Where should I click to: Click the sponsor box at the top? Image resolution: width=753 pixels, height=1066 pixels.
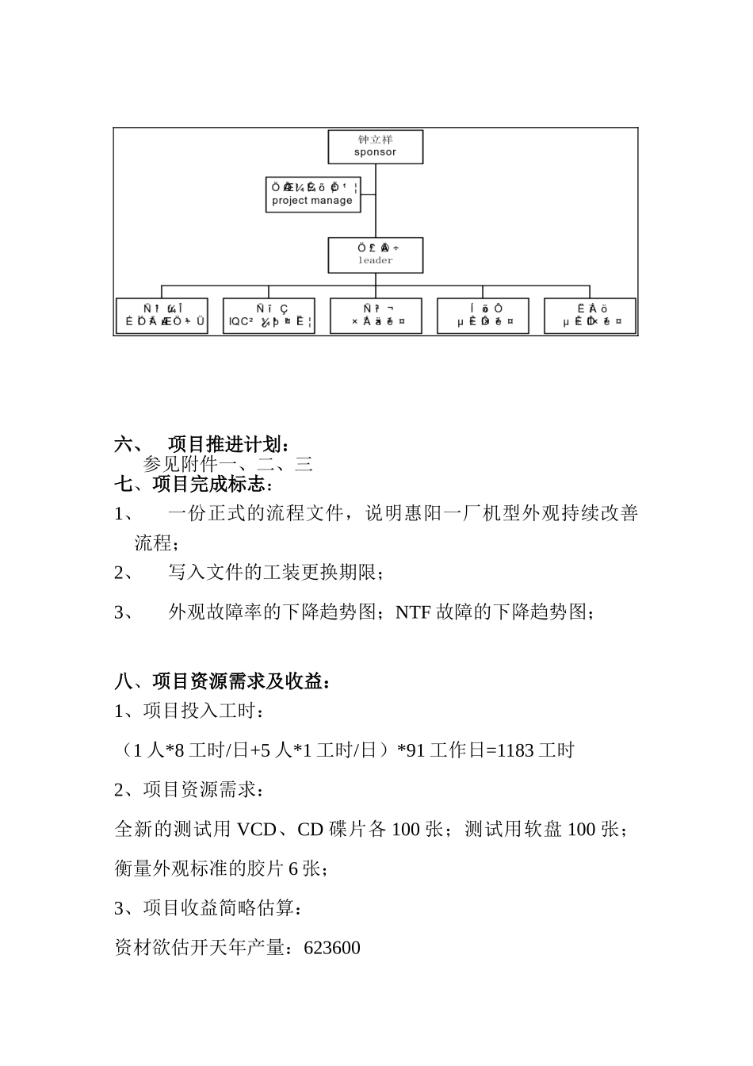375,147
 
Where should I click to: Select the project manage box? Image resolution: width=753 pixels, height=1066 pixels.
312,194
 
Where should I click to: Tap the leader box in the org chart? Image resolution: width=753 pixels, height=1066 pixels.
375,255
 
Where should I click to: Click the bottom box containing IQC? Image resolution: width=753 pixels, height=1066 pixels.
269,316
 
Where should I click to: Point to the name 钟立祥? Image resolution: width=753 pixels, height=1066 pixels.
375,140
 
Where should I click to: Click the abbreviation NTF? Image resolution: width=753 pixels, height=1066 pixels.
413,612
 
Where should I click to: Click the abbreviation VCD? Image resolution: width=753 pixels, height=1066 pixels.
257,830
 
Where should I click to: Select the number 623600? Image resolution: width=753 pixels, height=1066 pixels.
332,948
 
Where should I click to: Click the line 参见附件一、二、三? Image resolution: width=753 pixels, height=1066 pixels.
228,465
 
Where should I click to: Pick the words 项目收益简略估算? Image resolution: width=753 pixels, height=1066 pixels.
219,908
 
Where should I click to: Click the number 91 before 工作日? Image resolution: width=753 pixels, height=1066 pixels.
415,750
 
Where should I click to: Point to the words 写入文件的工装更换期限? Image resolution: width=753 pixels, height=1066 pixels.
274,572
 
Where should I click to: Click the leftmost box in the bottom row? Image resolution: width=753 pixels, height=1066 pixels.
162,316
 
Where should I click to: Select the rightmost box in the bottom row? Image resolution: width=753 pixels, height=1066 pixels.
590,316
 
